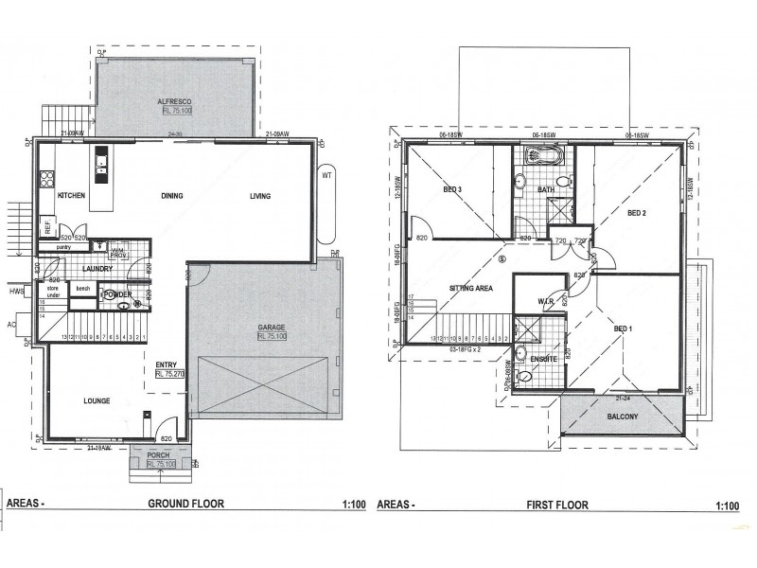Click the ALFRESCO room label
pos(176,101)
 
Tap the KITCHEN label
pos(73,196)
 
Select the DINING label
pos(171,196)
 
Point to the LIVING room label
pos(260,196)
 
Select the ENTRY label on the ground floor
pos(167,364)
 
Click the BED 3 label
pos(452,190)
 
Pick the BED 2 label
pos(636,213)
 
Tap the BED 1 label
pos(623,328)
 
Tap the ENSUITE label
pos(542,360)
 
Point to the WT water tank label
pos(326,175)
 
